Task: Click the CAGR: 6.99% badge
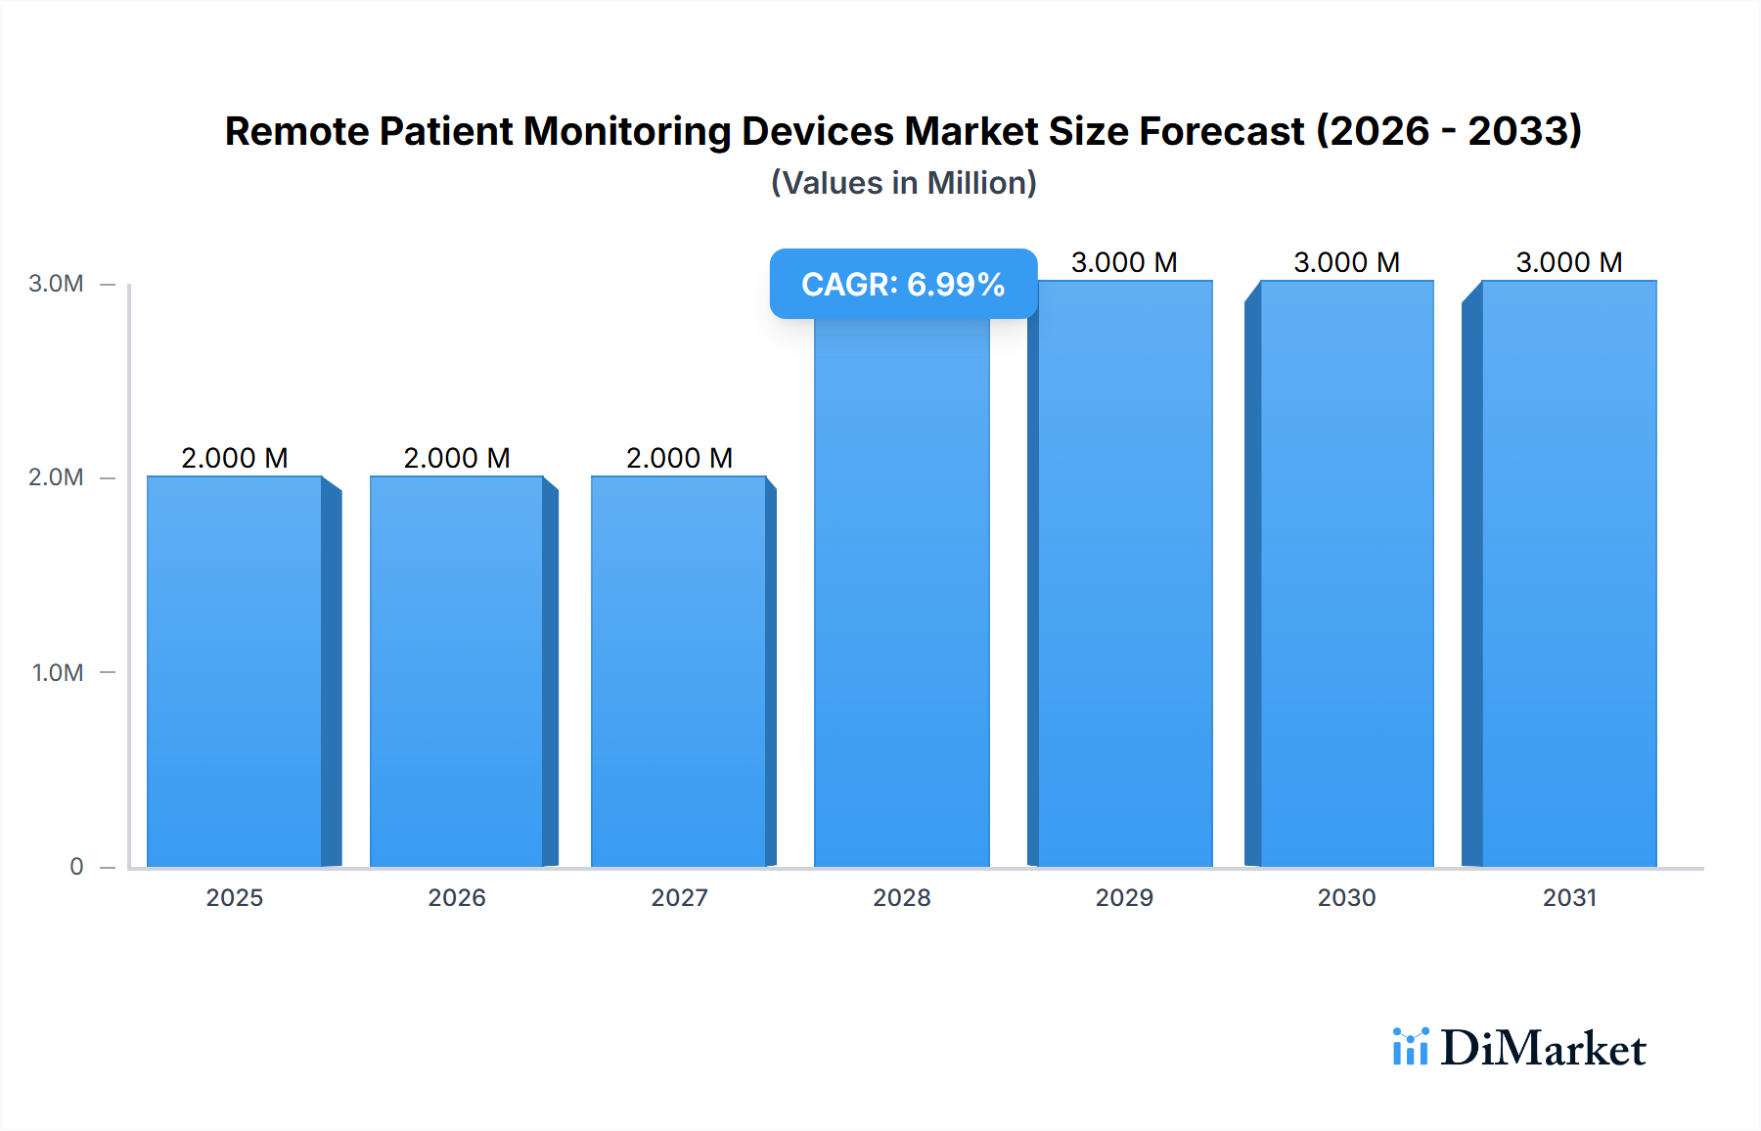pos(903,284)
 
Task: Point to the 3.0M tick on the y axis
pos(56,284)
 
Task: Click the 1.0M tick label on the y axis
pos(57,672)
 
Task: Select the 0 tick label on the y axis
pos(76,866)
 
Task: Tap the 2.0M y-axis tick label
pos(56,477)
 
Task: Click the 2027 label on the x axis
pos(679,897)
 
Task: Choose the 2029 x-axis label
pos(1124,897)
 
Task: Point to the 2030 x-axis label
pos(1346,897)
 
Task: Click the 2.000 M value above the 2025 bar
pos(235,458)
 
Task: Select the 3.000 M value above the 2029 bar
pos(1124,262)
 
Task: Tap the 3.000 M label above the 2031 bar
pos(1569,262)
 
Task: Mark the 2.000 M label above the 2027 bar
pos(679,458)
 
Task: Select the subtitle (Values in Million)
pos(903,183)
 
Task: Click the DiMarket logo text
pos(1543,1049)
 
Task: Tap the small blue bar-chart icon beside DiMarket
pos(1410,1047)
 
